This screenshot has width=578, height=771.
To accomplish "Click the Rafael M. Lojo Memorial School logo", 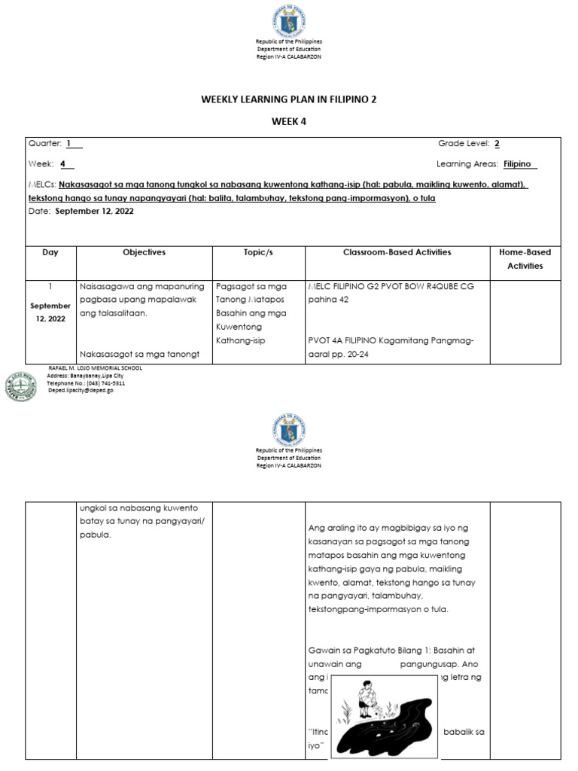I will pyautogui.click(x=21, y=386).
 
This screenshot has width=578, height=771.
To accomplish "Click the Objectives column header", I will pyautogui.click(x=144, y=253).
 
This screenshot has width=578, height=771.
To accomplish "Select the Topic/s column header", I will pyautogui.click(x=258, y=253).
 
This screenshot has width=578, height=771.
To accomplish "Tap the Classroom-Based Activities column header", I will pyautogui.click(x=397, y=253).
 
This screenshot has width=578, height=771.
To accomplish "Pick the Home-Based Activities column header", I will pyautogui.click(x=525, y=259).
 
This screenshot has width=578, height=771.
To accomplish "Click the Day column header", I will pyautogui.click(x=50, y=253).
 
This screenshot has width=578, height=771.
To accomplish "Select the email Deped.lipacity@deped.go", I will pyautogui.click(x=86, y=392).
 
